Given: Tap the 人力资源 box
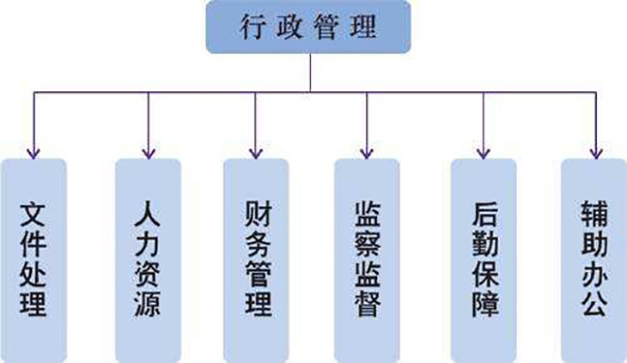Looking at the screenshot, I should [148, 257].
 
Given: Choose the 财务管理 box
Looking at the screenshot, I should [256, 257].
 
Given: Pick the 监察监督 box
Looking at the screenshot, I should [368, 257].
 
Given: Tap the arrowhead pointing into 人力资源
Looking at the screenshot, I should [148, 152].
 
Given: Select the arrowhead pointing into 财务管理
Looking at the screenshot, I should [256, 152].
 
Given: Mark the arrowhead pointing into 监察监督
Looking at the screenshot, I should [368, 152].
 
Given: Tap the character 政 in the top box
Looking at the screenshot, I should [291, 28].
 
